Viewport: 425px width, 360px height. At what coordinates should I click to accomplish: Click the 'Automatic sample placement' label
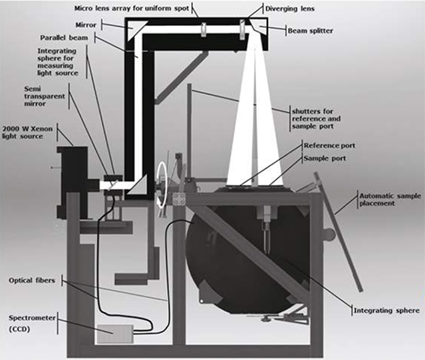388,202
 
